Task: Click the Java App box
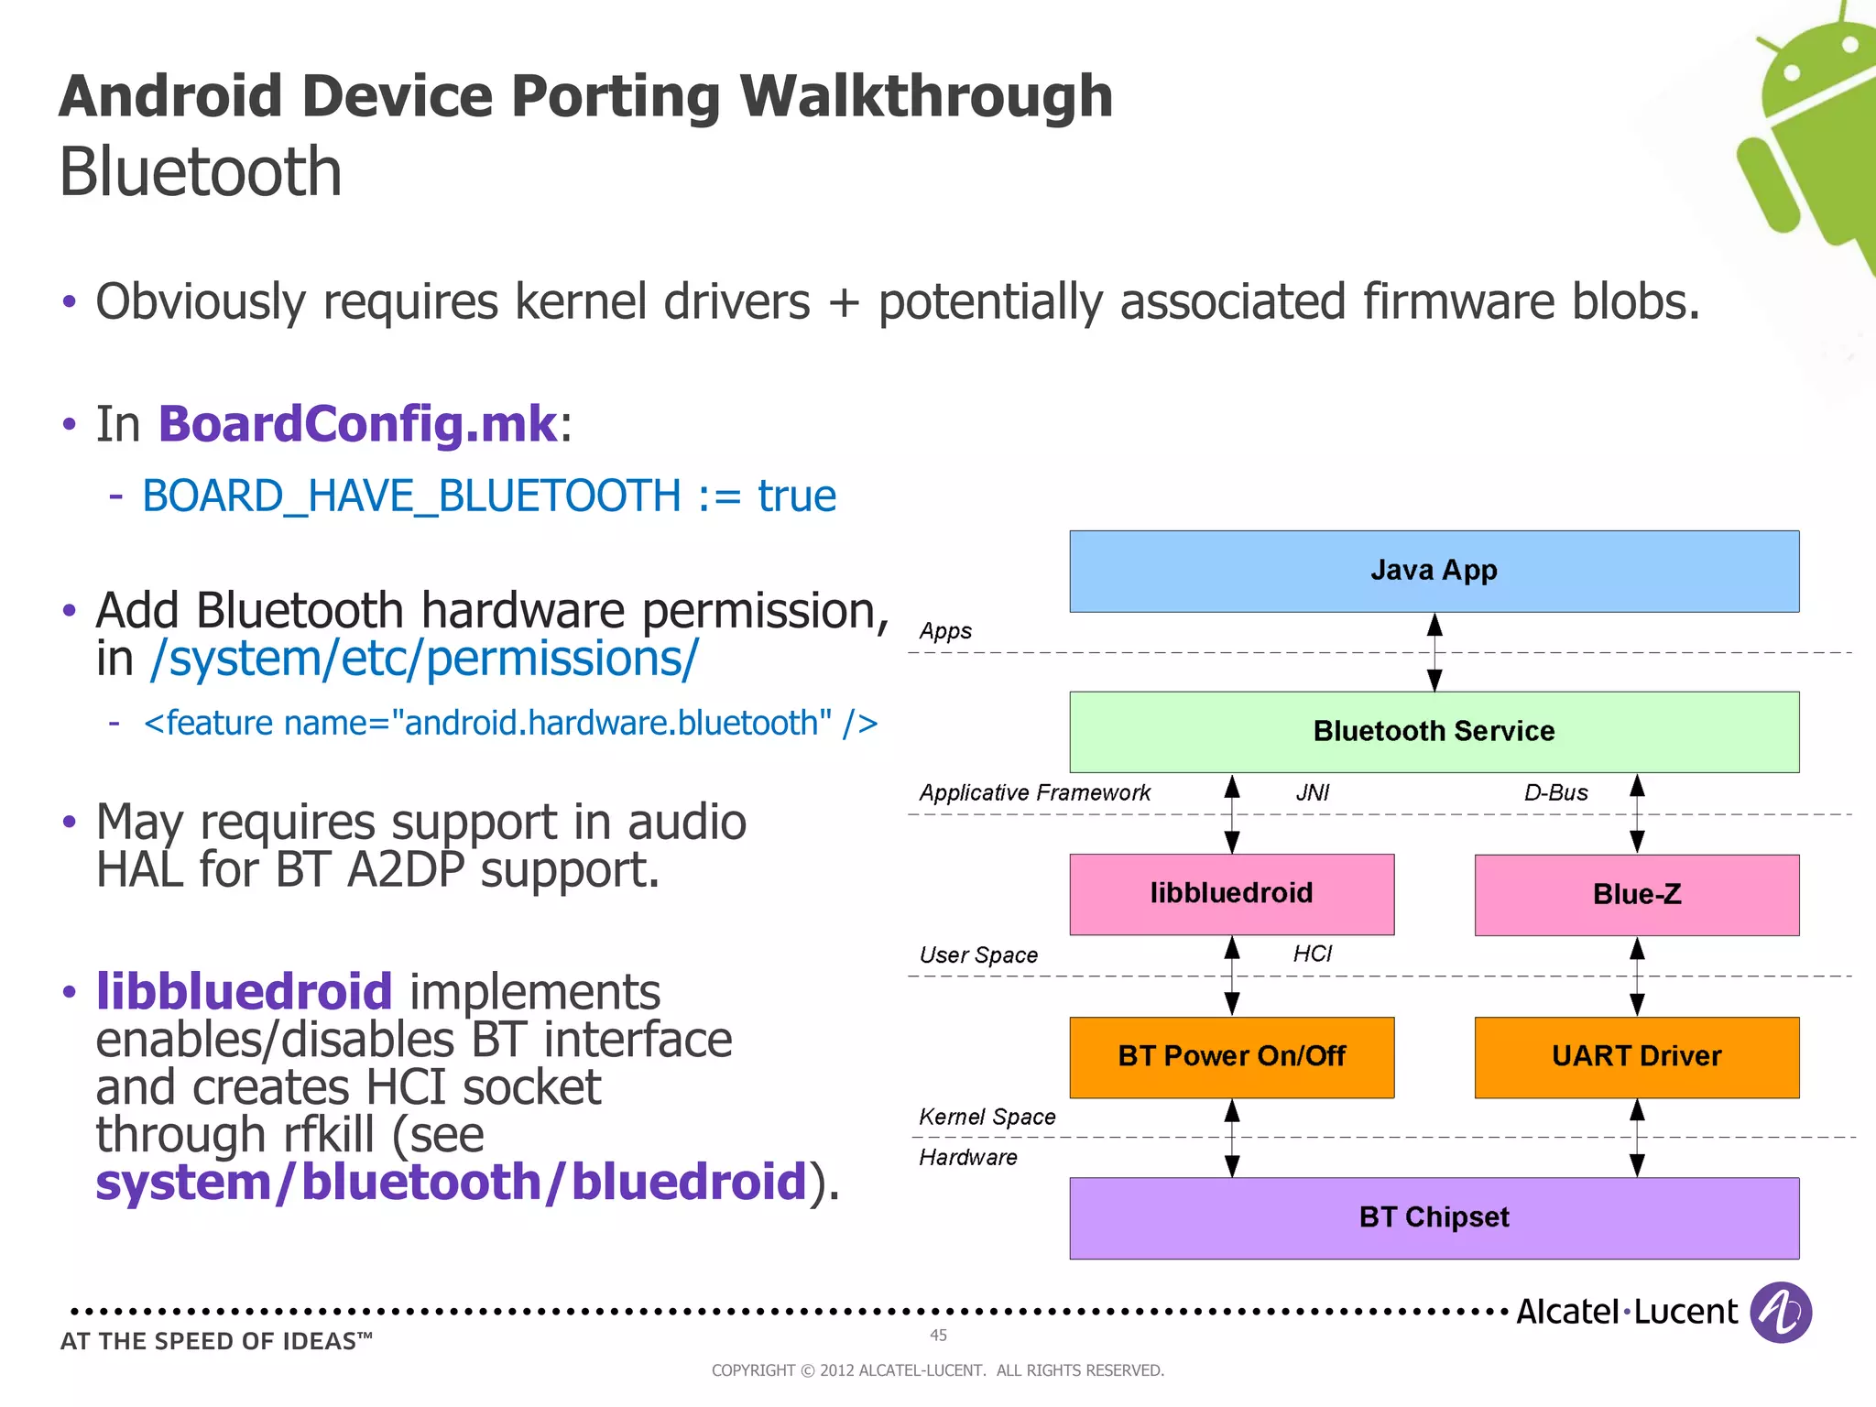(1434, 571)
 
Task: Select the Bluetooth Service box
(1434, 731)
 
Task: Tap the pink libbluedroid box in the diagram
(1231, 894)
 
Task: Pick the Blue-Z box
(1636, 894)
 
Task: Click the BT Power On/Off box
(1231, 1056)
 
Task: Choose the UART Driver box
(1636, 1056)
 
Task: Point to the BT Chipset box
(1434, 1217)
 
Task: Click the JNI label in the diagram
(1312, 792)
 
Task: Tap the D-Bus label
(1555, 792)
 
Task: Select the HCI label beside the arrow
(1312, 954)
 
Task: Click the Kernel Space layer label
(987, 1117)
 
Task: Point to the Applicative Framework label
(1034, 792)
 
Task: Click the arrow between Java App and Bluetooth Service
(1434, 652)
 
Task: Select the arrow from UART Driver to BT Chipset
(1637, 1138)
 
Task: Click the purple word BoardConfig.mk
(357, 424)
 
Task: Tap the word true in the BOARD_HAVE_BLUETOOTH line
(796, 496)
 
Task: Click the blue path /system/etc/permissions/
(424, 659)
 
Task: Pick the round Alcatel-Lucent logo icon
(1780, 1312)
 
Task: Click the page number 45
(938, 1335)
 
